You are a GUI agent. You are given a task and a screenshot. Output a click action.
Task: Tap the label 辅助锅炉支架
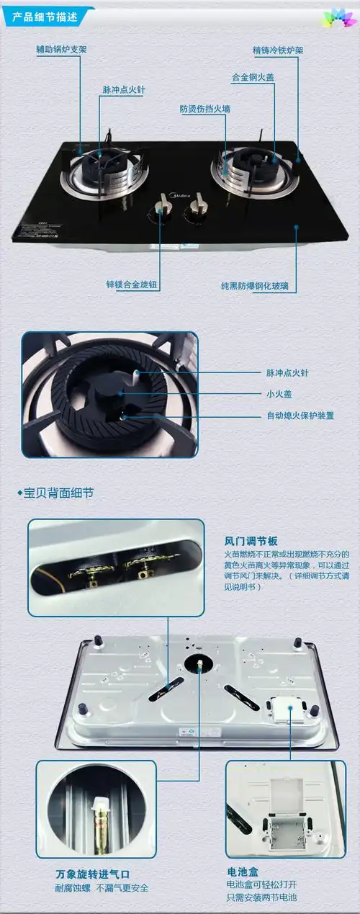62,50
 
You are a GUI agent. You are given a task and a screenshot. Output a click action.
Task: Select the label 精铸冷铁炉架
277,51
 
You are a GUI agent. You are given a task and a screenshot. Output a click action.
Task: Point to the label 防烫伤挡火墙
204,109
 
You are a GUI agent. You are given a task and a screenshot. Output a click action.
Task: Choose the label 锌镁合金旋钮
132,285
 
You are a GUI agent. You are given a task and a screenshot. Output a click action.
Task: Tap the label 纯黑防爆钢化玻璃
258,286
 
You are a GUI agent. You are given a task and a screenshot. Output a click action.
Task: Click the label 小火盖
277,394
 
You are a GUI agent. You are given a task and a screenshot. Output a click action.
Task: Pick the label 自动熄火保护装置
300,416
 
